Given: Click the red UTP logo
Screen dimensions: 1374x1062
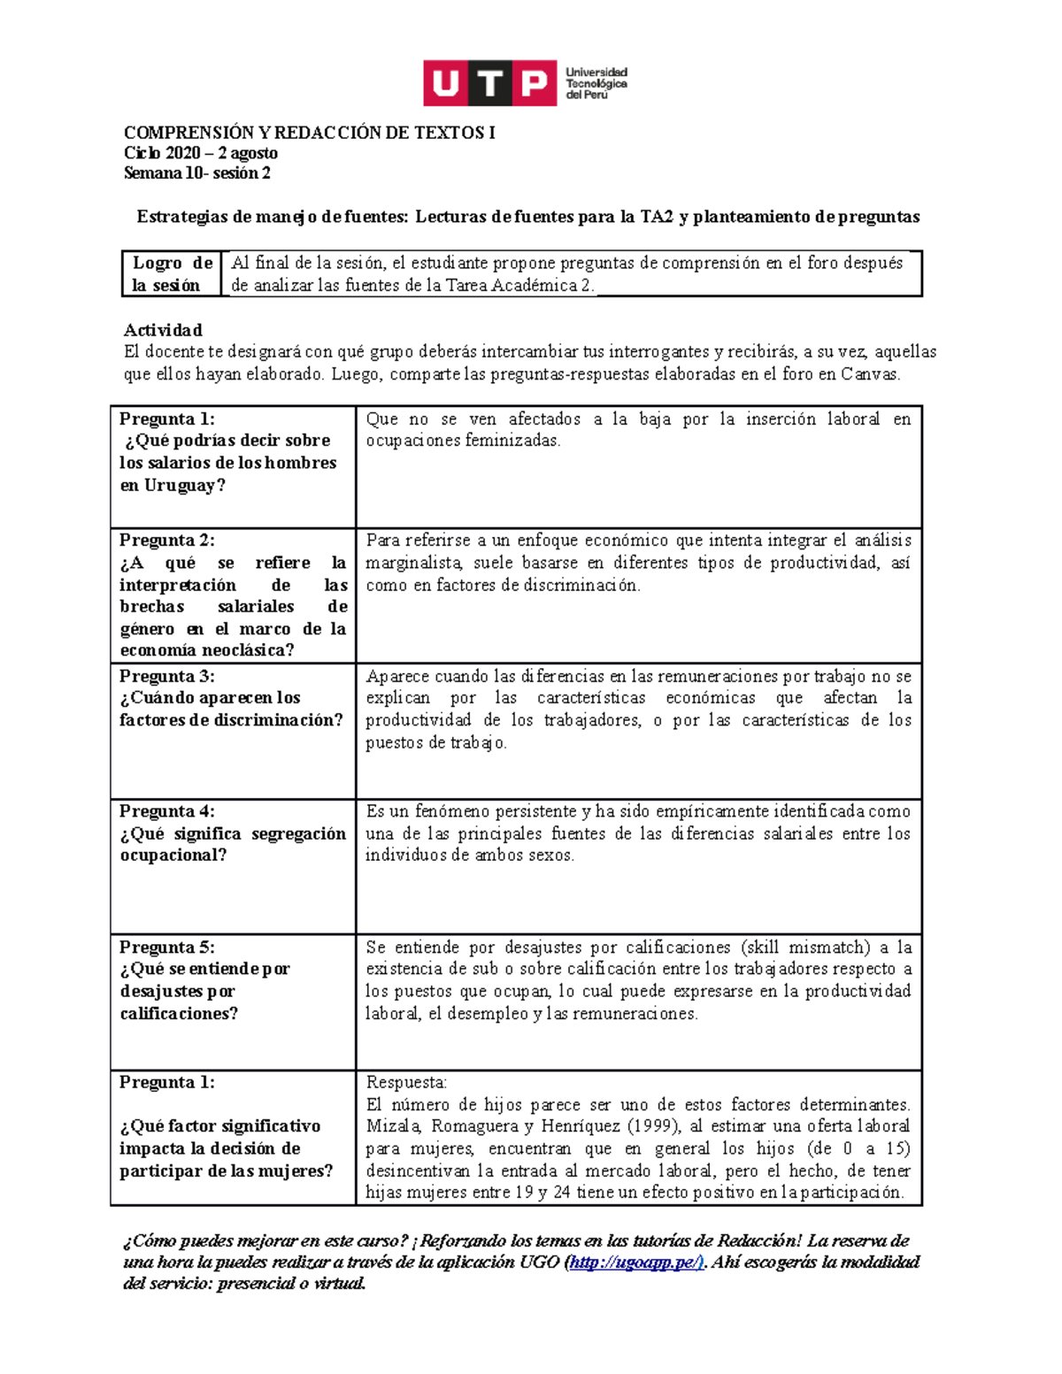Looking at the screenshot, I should pyautogui.click(x=489, y=83).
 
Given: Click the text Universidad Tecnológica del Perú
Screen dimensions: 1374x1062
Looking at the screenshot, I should pyautogui.click(x=596, y=83).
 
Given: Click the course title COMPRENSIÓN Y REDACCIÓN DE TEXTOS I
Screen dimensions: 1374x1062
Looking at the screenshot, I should pyautogui.click(x=309, y=133).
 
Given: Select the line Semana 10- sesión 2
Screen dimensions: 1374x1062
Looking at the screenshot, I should pyautogui.click(x=196, y=173).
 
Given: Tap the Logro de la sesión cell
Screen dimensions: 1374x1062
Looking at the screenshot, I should pyautogui.click(x=172, y=274).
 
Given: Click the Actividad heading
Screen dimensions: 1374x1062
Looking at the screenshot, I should pyautogui.click(x=163, y=330).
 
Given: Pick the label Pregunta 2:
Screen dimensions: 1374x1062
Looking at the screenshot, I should pyautogui.click(x=167, y=541).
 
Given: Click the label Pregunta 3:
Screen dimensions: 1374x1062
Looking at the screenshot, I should pyautogui.click(x=167, y=676).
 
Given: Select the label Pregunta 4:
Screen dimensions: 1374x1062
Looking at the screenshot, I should pyautogui.click(x=167, y=811).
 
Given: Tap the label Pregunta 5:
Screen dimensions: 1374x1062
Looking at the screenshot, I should pyautogui.click(x=167, y=947).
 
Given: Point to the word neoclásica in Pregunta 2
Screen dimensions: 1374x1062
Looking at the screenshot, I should pyautogui.click(x=247, y=650).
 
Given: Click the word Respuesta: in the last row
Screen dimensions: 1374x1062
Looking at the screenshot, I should pyautogui.click(x=406, y=1083).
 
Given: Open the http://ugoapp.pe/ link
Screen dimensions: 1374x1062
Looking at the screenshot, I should pyautogui.click(x=636, y=1263).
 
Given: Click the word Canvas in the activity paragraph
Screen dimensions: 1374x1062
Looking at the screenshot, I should pyautogui.click(x=869, y=374).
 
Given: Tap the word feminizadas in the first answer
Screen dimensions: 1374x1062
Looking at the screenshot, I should pyautogui.click(x=514, y=441).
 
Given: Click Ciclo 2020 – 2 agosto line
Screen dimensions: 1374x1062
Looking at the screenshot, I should pyautogui.click(x=200, y=153).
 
